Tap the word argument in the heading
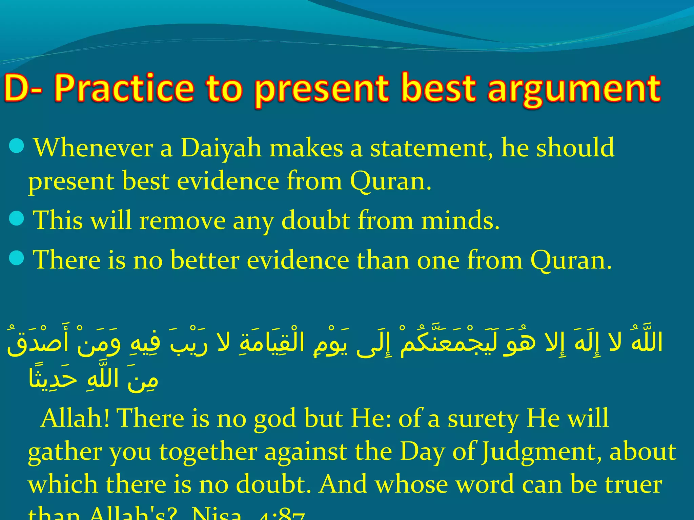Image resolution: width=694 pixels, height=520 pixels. click(574, 89)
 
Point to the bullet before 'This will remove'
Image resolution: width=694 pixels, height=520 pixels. click(16, 218)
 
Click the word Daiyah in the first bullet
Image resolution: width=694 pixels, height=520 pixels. click(221, 148)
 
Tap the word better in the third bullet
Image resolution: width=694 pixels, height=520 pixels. click(205, 260)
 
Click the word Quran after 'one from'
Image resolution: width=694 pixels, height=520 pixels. click(571, 260)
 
